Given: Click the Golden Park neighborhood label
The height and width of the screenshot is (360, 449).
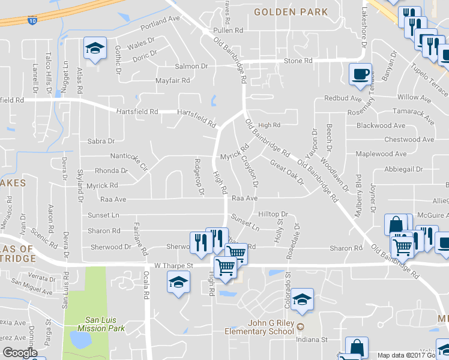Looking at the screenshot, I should [x=291, y=12].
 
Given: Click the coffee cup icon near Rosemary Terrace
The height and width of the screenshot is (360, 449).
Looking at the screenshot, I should [x=360, y=74].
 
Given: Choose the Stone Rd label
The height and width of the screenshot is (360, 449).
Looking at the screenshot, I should [x=298, y=61].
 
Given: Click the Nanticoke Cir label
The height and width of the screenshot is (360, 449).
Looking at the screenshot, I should [x=128, y=160].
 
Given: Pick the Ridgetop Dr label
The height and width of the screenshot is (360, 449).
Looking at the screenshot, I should [x=199, y=176].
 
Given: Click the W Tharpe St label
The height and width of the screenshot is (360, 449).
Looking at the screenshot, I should [x=173, y=265].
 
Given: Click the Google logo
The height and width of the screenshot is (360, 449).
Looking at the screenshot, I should [x=20, y=353].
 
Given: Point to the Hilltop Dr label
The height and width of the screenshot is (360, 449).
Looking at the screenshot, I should [x=273, y=214].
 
